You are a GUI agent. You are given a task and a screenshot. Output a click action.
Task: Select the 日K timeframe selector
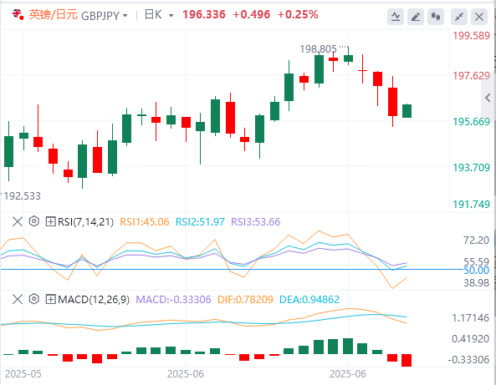[159, 15]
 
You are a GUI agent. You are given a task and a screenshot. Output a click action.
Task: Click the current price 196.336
[204, 14]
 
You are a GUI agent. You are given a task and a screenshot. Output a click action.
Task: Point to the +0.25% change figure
[298, 14]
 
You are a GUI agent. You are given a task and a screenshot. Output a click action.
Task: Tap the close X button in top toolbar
[479, 17]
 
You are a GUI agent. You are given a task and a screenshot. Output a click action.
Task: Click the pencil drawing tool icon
[416, 17]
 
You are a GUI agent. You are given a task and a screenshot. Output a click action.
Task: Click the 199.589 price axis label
[472, 36]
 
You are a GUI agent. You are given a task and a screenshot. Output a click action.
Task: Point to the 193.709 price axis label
[472, 167]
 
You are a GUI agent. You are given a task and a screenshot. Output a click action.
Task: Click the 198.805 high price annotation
[318, 49]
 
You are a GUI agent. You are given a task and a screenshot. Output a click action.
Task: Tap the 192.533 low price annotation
[22, 196]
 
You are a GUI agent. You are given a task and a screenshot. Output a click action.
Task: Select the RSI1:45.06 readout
[145, 222]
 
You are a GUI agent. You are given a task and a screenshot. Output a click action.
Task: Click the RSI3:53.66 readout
[256, 222]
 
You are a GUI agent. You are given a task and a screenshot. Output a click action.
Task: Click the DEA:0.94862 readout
[309, 300]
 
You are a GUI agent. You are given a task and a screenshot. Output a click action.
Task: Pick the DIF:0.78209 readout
[245, 300]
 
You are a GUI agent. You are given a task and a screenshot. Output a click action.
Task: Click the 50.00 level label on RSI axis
[477, 271]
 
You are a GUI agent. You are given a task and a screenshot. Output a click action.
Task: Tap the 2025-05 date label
[23, 374]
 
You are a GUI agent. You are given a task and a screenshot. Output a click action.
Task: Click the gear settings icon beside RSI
[33, 221]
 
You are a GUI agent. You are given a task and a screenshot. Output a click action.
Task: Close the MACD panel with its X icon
[18, 299]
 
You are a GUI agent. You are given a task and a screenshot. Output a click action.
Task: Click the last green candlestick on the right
[407, 111]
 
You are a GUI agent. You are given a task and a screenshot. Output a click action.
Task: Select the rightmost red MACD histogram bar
[407, 361]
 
